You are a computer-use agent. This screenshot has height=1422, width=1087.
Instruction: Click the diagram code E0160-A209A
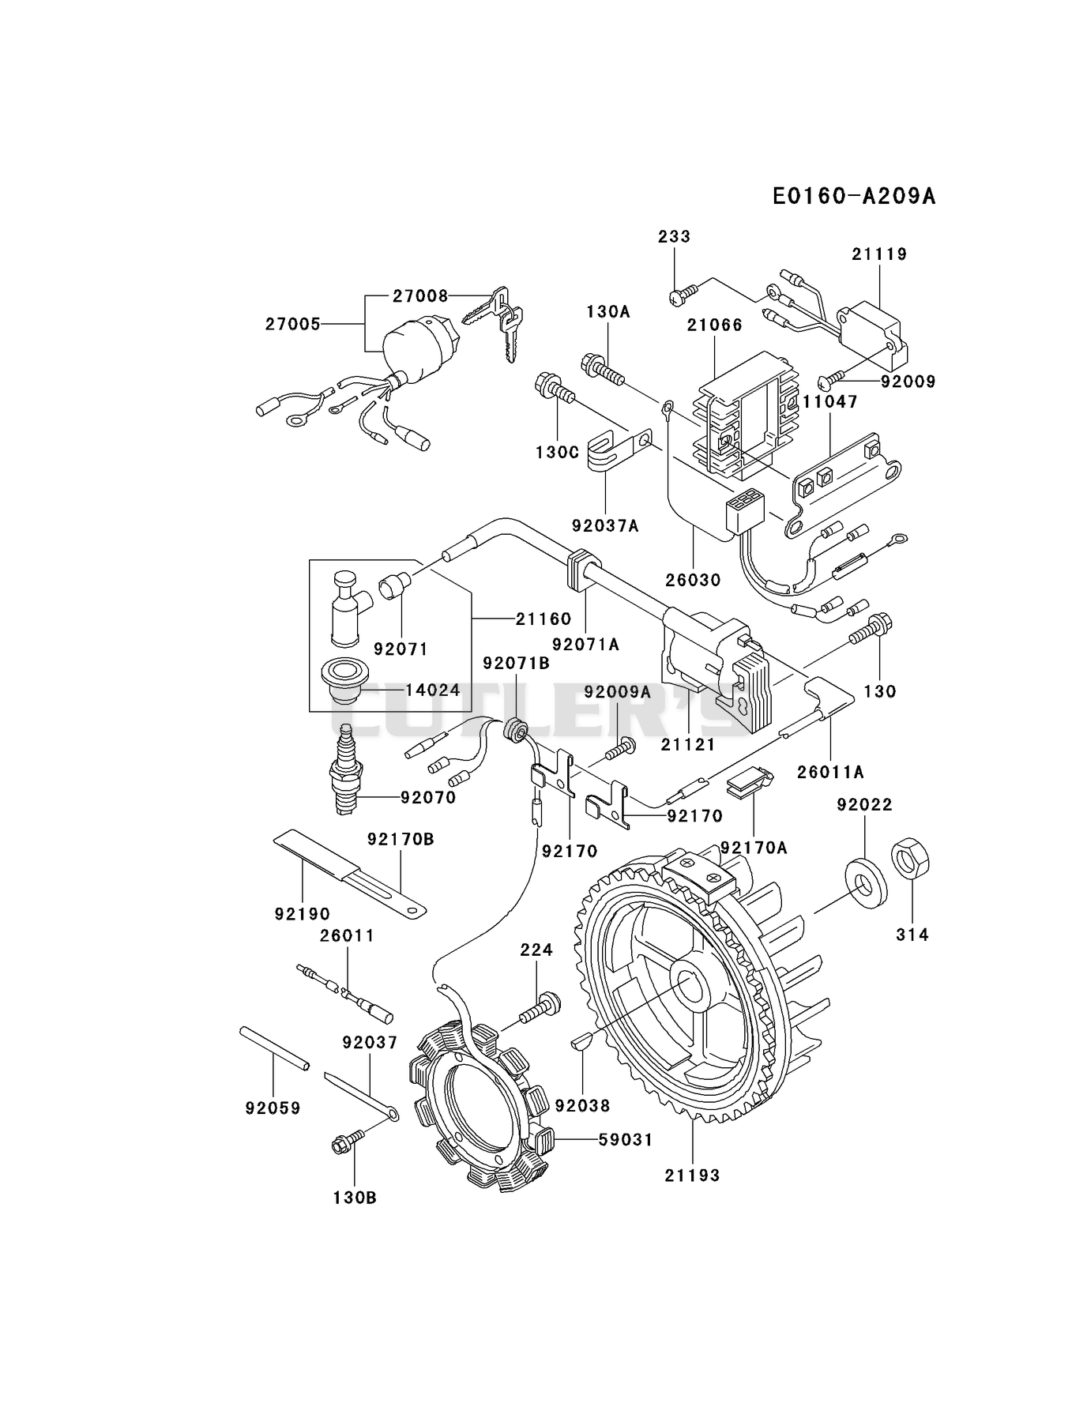point(854,196)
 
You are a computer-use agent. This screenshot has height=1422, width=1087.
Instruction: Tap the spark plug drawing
point(344,769)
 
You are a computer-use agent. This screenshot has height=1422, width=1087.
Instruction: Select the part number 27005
point(293,324)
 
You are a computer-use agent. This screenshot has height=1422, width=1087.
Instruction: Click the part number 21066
point(715,325)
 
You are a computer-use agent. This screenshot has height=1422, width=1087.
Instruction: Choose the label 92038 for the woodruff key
point(583,1105)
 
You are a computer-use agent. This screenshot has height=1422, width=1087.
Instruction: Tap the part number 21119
point(879,254)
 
